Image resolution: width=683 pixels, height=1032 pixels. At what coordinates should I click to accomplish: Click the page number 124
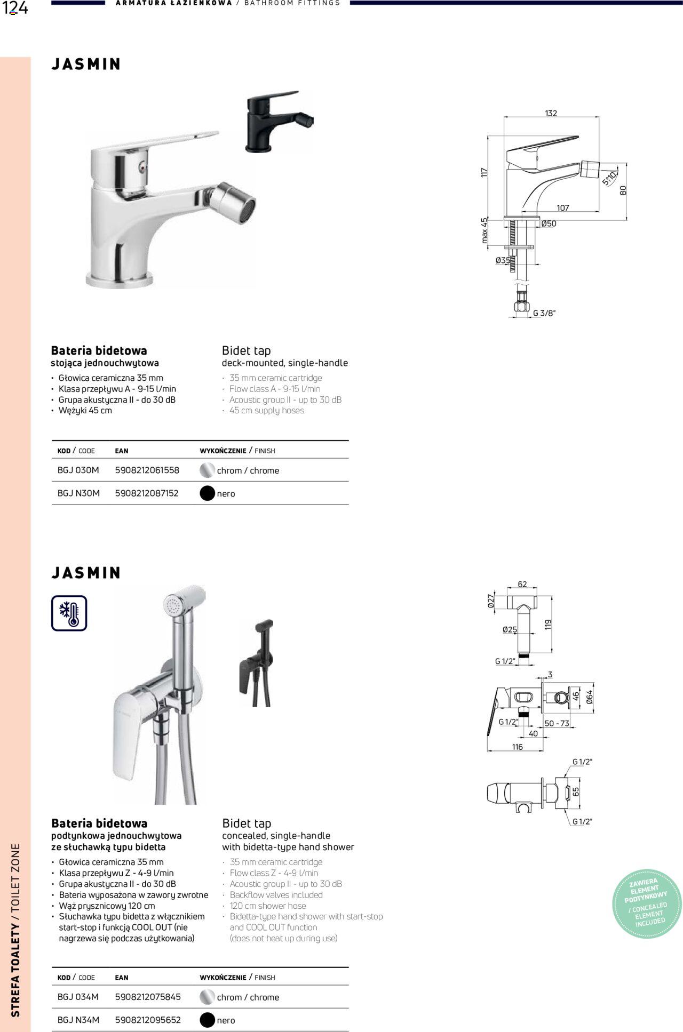click(15, 9)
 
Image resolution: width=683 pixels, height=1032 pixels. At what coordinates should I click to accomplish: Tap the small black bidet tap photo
click(278, 121)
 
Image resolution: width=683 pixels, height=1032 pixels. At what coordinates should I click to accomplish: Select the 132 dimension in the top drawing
click(551, 113)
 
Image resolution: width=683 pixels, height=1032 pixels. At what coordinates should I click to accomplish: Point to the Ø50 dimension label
click(549, 224)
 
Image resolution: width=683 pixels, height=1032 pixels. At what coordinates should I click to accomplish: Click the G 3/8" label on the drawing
click(544, 313)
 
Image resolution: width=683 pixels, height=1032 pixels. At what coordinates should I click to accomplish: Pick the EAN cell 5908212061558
click(147, 470)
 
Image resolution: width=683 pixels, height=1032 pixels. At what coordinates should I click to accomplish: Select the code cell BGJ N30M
click(78, 493)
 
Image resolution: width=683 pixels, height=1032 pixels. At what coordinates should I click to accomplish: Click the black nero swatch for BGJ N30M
click(207, 493)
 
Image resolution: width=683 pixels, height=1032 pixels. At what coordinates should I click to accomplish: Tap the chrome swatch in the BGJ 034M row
click(207, 997)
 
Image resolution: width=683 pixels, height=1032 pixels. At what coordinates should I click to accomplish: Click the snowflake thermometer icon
click(69, 613)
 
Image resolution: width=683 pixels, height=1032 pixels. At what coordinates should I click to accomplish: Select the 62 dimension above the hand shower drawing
click(522, 585)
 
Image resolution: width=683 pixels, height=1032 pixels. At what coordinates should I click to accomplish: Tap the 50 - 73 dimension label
click(557, 723)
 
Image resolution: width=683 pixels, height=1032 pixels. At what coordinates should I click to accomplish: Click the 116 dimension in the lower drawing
click(517, 747)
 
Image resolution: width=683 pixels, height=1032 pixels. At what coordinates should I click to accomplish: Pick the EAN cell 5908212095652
click(148, 1020)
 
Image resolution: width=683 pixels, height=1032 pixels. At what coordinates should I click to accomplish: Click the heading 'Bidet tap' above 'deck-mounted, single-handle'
click(247, 350)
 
